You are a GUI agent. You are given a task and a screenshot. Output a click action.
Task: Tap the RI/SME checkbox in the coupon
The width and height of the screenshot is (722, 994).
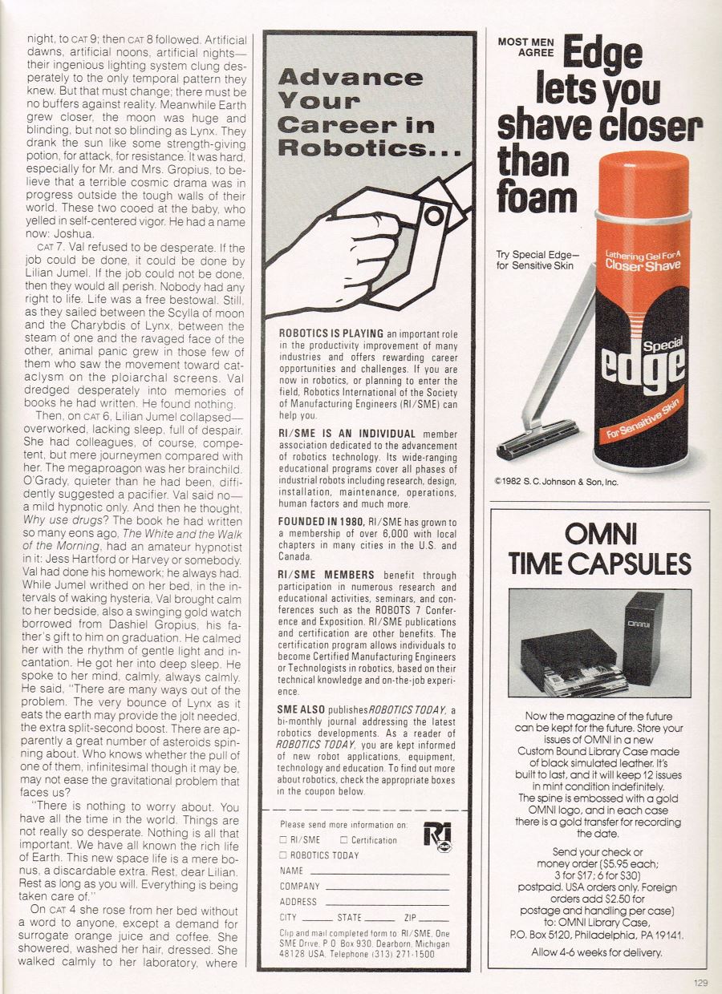(283, 840)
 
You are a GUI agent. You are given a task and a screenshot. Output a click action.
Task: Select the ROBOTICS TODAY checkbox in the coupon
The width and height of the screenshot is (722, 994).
(283, 855)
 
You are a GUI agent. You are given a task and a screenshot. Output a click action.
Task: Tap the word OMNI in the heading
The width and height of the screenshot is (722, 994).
(600, 534)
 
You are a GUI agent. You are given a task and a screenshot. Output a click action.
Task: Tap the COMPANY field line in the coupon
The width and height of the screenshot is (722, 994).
(387, 887)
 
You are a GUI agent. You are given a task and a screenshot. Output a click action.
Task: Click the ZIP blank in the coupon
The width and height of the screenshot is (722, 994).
(433, 919)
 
